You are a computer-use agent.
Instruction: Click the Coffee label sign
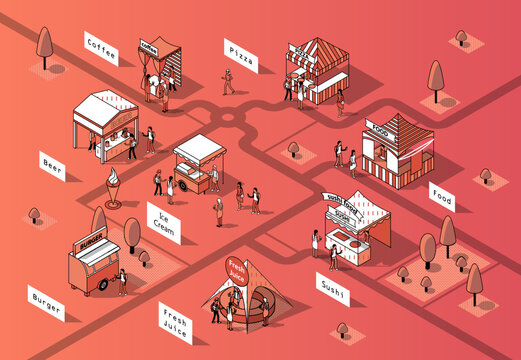coord(101,47)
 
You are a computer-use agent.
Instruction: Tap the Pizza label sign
coord(240,56)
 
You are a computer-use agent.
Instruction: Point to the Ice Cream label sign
coord(163,222)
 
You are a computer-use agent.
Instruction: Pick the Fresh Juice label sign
coord(175,325)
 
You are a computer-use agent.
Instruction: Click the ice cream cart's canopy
coord(198,148)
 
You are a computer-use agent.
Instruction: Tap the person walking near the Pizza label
coord(228,82)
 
